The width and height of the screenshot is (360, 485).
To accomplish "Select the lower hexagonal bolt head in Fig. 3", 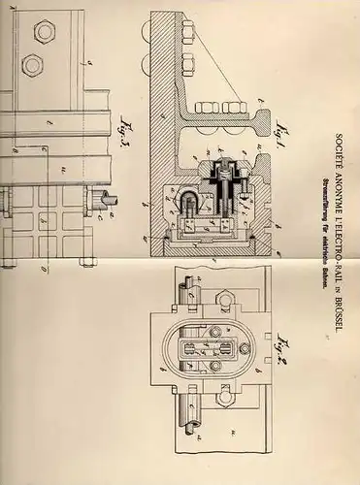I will point(32,66).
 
